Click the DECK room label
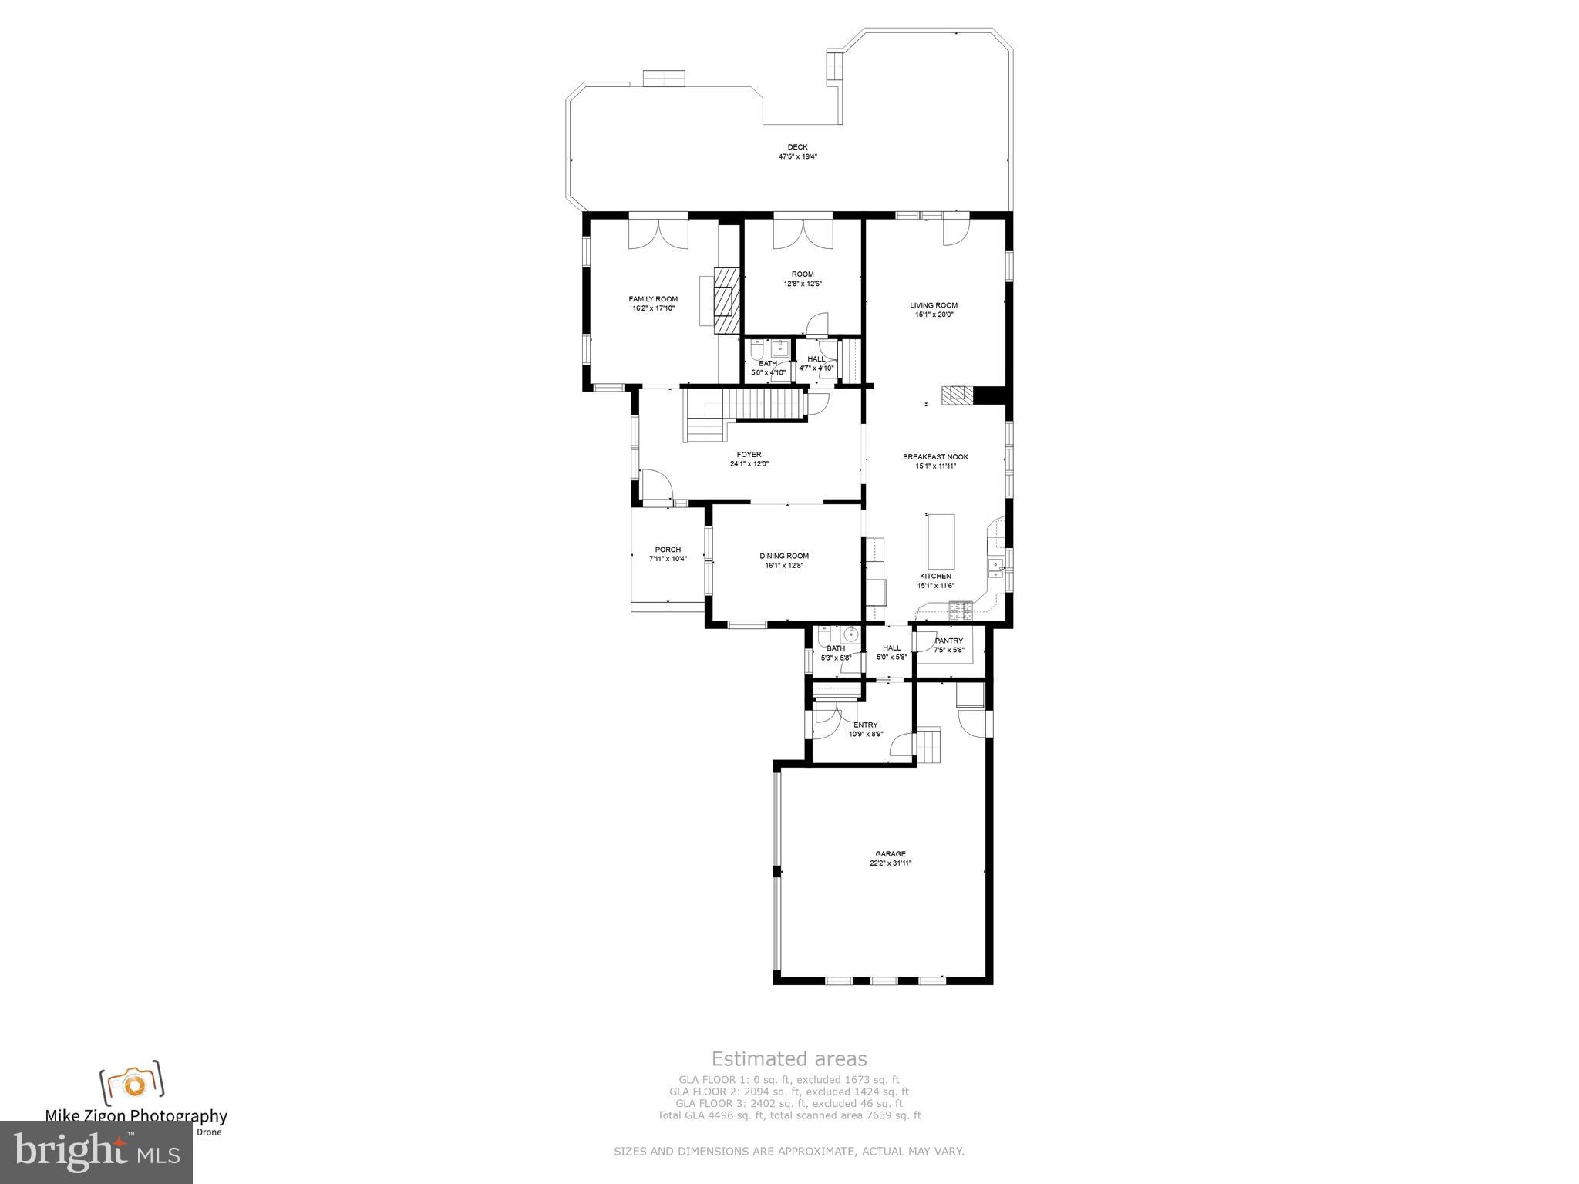click(797, 147)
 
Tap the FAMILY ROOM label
click(653, 299)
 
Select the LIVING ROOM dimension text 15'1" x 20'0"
click(934, 314)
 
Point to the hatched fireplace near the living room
click(957, 395)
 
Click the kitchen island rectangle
click(941, 541)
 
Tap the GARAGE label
click(891, 854)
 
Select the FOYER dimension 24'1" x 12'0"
click(749, 464)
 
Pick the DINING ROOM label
click(784, 556)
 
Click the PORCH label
click(668, 550)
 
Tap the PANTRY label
click(948, 641)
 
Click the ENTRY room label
click(865, 725)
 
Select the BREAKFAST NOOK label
click(935, 457)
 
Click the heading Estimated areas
click(789, 1059)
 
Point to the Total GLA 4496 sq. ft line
click(789, 1115)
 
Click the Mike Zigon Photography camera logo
click(132, 1083)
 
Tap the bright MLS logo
click(96, 1152)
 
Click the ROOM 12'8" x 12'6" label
click(803, 274)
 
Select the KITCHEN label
click(935, 577)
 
